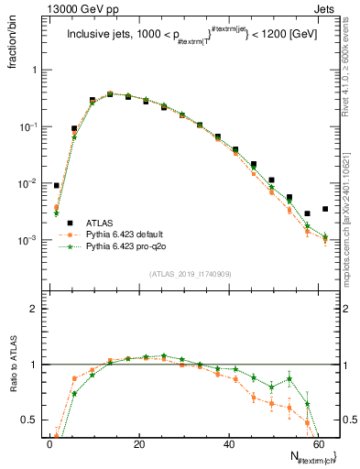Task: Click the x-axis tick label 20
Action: [x=138, y=444]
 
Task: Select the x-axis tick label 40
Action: [x=228, y=444]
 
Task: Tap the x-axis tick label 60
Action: [x=317, y=444]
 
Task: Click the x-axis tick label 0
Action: [x=49, y=444]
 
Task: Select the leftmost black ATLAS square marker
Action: [x=57, y=186]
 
